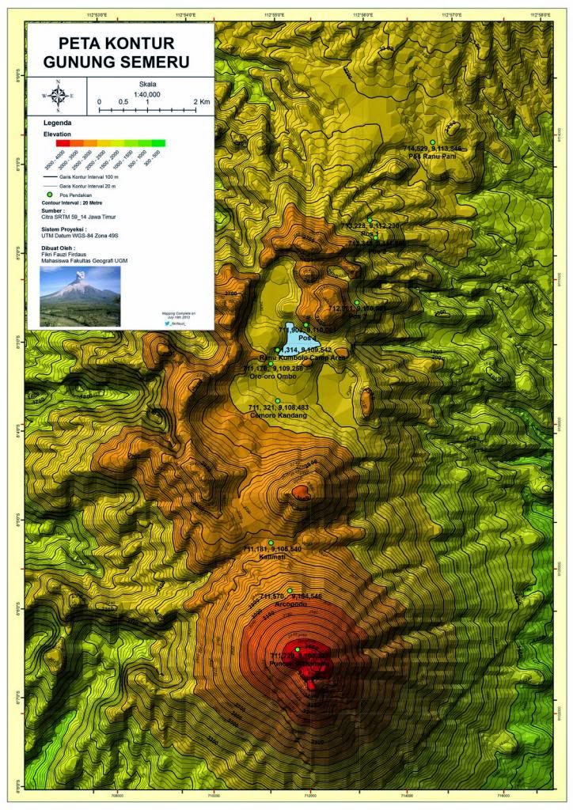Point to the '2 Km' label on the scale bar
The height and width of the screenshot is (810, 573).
pyautogui.click(x=201, y=103)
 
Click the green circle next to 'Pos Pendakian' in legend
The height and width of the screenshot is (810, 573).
pyautogui.click(x=49, y=194)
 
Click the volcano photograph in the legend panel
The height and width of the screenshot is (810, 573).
pyautogui.click(x=80, y=296)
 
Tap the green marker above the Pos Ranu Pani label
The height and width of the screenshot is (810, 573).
pyautogui.click(x=432, y=142)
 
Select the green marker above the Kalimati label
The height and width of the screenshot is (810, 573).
pyautogui.click(x=271, y=543)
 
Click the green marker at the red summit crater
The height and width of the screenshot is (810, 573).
pyautogui.click(x=297, y=649)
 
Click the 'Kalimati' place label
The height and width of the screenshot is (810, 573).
pyautogui.click(x=271, y=557)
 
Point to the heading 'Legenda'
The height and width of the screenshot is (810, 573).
pyautogui.click(x=57, y=123)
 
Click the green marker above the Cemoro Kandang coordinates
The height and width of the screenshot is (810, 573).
pyautogui.click(x=278, y=401)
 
